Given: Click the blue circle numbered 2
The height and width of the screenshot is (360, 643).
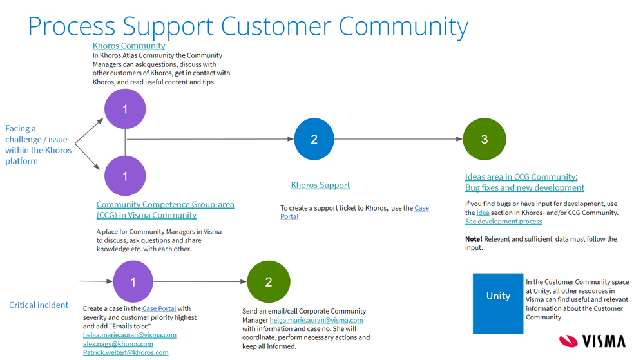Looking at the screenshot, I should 314,139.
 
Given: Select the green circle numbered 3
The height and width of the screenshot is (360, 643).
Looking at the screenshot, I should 484,139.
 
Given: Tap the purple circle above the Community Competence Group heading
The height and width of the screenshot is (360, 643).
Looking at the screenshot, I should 125,176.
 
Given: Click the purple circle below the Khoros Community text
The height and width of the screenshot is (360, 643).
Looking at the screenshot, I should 125,109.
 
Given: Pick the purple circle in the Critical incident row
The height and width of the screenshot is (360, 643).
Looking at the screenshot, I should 133,281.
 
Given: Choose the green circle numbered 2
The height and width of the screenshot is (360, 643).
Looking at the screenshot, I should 269,281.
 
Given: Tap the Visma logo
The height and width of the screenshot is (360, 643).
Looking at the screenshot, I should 592,341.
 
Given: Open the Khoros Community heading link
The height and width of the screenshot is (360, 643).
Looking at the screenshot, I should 129,46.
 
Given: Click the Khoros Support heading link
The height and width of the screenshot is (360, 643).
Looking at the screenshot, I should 320,185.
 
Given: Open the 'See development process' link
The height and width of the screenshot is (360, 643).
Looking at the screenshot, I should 503,222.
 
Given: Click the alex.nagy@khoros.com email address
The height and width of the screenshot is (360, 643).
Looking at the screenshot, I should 118,344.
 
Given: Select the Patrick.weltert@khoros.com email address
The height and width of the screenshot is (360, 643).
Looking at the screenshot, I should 126,352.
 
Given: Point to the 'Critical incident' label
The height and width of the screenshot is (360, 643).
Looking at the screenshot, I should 39,305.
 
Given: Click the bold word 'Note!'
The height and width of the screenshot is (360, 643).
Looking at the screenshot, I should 474,239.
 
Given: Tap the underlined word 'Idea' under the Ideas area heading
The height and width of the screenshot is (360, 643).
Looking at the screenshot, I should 483,213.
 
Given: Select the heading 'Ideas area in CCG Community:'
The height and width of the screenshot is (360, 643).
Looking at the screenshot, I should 521,177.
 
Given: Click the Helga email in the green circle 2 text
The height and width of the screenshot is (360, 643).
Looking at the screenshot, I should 316,320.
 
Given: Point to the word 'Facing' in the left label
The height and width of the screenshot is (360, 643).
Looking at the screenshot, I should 21,128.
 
